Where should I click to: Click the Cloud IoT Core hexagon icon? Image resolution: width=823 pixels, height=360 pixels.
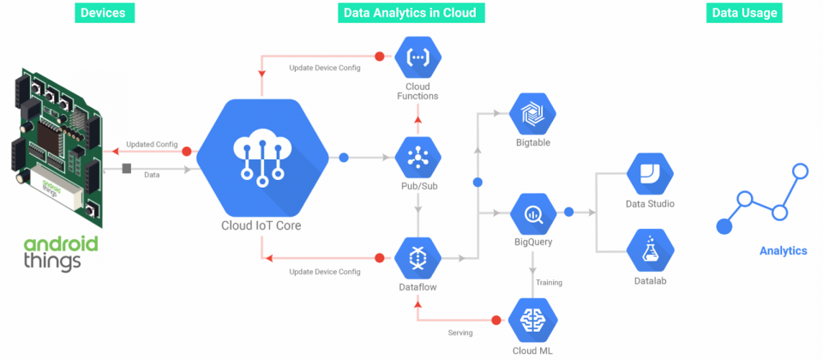[x=262, y=158]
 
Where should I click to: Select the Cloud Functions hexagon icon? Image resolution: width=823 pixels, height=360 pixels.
[x=418, y=57]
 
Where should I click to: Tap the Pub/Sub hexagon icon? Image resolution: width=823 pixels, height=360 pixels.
[x=418, y=157]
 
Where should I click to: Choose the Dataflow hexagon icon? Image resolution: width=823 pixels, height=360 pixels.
[x=418, y=258]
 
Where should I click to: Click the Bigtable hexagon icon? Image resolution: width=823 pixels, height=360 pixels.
[x=532, y=113]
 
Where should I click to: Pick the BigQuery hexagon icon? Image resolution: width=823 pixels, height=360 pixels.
[x=532, y=213]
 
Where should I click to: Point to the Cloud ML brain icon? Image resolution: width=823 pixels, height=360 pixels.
[x=532, y=319]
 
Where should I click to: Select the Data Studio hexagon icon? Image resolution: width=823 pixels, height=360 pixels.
[x=650, y=174]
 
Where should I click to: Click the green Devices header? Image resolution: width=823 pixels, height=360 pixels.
[x=105, y=13]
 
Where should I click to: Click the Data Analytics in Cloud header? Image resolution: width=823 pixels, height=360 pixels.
[x=411, y=13]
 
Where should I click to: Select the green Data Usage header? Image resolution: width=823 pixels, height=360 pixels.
[x=744, y=13]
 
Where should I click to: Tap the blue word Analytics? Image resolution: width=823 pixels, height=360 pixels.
[x=783, y=251]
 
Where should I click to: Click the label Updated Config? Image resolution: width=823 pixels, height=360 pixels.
[x=153, y=144]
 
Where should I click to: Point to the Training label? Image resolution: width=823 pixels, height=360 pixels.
[x=549, y=282]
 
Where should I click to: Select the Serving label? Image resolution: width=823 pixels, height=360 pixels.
[x=460, y=333]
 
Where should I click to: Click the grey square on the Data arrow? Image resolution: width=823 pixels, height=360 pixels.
[x=127, y=169]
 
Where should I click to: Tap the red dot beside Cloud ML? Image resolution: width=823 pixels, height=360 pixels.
[x=496, y=320]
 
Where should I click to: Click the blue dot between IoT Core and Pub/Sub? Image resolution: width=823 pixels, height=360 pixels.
[x=344, y=157]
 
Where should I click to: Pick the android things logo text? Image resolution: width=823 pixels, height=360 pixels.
[x=60, y=254]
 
